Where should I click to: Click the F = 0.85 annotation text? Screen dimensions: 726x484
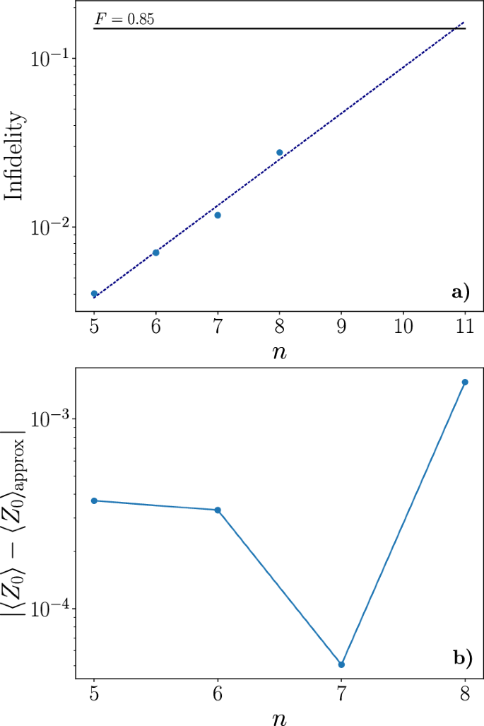click(x=124, y=19)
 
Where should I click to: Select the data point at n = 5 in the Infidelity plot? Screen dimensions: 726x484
click(x=94, y=293)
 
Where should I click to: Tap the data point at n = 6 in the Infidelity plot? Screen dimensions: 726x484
click(x=156, y=252)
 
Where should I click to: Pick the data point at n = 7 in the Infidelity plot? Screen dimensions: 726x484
click(x=218, y=215)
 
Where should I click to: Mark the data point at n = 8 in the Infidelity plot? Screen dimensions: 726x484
click(x=280, y=153)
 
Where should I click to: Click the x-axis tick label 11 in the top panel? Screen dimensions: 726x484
click(x=465, y=329)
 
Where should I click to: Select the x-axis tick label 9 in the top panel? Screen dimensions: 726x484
click(x=341, y=329)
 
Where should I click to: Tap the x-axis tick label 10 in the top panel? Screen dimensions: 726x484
click(x=403, y=329)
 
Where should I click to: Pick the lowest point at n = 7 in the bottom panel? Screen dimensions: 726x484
click(x=341, y=664)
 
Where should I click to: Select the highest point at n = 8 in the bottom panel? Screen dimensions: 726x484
click(x=465, y=382)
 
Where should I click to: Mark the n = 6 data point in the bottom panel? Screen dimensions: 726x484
click(x=218, y=510)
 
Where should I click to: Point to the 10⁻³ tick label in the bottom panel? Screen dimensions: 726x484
click(x=49, y=418)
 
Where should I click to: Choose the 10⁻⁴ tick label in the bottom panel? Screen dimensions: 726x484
click(x=49, y=609)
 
